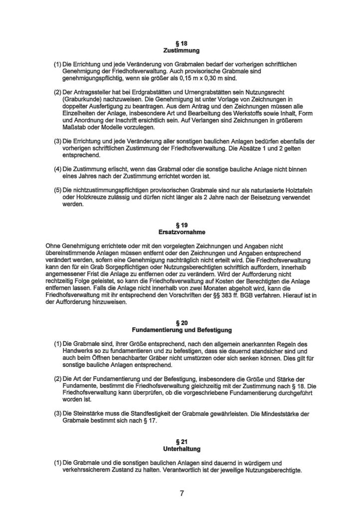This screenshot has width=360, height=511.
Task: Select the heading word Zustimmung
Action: click(181, 51)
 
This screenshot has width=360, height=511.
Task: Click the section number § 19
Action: click(181, 225)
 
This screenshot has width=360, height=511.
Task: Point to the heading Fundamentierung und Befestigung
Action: click(181, 330)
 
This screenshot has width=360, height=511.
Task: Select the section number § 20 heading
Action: click(181, 323)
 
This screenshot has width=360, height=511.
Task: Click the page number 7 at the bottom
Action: click(181, 494)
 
